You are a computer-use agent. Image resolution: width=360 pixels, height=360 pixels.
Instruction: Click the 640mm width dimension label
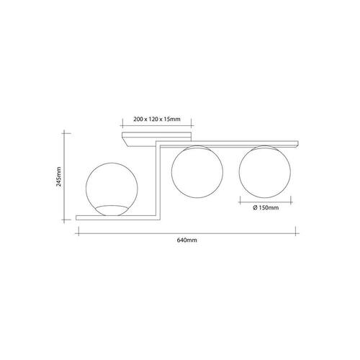(x=187, y=240)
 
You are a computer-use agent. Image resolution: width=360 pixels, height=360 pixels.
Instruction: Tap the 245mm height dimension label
(x=58, y=176)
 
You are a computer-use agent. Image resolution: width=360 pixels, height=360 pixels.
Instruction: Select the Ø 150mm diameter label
(x=266, y=207)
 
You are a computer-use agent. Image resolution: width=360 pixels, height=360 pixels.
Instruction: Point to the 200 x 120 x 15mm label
(x=157, y=119)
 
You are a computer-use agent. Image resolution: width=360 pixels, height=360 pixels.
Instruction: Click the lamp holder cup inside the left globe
(x=112, y=210)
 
